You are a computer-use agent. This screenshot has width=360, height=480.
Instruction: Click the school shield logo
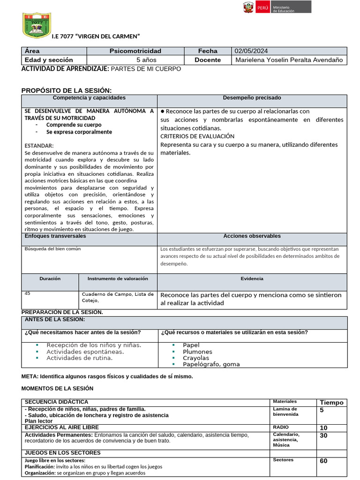pyautogui.click(x=37, y=25)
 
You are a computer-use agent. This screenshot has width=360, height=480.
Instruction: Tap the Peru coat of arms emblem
pyautogui.click(x=248, y=7)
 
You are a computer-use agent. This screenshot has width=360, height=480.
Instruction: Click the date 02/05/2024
pyautogui.click(x=252, y=51)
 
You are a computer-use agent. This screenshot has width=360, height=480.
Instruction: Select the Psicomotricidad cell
pyautogui.click(x=135, y=51)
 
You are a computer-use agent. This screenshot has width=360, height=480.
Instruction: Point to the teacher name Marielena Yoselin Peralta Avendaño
pyautogui.click(x=289, y=60)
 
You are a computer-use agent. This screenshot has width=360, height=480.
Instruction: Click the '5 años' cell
pyautogui.click(x=146, y=60)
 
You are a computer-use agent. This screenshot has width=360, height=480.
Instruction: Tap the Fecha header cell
pyautogui.click(x=208, y=51)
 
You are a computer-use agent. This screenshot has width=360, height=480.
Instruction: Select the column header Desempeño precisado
pyautogui.click(x=252, y=98)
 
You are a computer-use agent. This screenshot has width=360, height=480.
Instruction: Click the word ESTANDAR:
pyautogui.click(x=39, y=146)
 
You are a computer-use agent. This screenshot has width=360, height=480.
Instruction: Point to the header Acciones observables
pyautogui.click(x=252, y=236)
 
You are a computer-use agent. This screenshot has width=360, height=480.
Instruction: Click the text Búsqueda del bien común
pyautogui.click(x=52, y=249)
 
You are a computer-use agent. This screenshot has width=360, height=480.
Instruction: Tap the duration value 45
pyautogui.click(x=28, y=293)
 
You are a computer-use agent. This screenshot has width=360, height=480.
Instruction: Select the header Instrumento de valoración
pyautogui.click(x=118, y=278)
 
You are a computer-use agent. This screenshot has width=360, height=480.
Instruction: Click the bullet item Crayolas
pyautogui.click(x=196, y=358)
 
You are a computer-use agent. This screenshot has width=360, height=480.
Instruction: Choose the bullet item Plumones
pyautogui.click(x=197, y=352)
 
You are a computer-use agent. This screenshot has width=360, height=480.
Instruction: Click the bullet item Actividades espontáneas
pyautogui.click(x=85, y=352)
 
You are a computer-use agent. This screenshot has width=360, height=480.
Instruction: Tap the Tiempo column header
pyautogui.click(x=331, y=403)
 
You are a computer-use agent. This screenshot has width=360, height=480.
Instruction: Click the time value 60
pyautogui.click(x=323, y=461)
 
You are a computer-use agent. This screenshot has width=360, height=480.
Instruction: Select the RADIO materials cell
pyautogui.click(x=281, y=427)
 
